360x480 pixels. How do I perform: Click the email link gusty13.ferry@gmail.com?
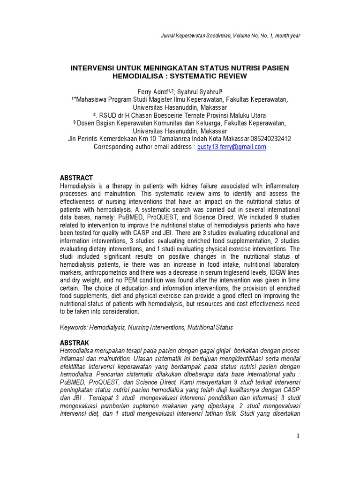tap(232, 147)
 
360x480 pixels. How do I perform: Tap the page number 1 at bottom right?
tap(297, 436)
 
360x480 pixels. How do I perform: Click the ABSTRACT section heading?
tap(76, 178)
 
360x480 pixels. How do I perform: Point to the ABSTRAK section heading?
tap(75, 343)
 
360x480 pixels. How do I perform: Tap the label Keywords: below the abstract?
tap(75, 327)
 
